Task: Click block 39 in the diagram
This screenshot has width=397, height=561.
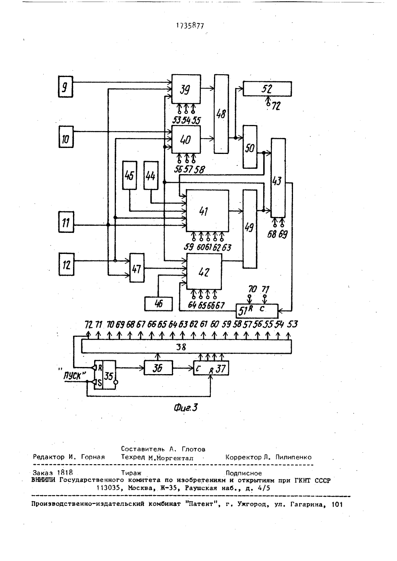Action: pos(186,89)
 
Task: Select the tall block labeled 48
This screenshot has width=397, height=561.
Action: pos(221,114)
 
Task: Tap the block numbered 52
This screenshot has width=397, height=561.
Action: pos(267,88)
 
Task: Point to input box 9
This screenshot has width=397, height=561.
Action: pos(66,86)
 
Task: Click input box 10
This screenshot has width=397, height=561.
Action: pos(66,137)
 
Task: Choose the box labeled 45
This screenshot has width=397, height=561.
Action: pos(129,175)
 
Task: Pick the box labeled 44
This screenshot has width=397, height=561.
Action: pos(151,175)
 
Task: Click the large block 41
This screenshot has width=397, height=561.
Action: pos(207,211)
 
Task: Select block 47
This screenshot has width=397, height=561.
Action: pos(137,268)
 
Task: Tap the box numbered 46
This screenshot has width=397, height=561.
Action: pos(158,304)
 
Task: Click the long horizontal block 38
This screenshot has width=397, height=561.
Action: pos(187,347)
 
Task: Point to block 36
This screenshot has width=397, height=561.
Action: pos(158,368)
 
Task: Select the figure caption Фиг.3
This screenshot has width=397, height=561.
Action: pos(186,408)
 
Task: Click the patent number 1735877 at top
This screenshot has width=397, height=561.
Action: pos(190,26)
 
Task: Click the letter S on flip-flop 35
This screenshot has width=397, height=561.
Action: pos(100,383)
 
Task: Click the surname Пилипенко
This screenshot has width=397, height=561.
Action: pos(293,457)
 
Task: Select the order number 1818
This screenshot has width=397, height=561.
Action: pos(65,473)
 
